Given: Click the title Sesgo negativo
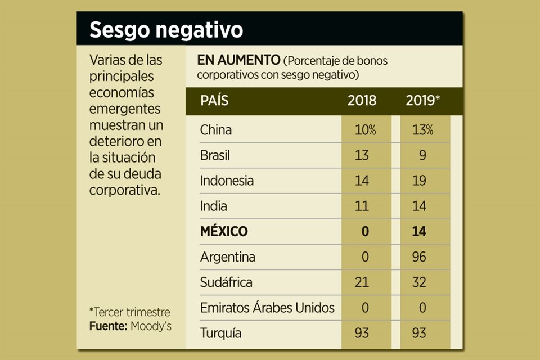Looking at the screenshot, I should pyautogui.click(x=166, y=30).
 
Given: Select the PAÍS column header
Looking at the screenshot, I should pyautogui.click(x=214, y=101).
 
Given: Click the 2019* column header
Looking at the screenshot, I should pyautogui.click(x=422, y=101).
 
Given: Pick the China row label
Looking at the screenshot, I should pyautogui.click(x=216, y=130).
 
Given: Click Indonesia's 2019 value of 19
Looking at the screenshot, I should pyautogui.click(x=419, y=181).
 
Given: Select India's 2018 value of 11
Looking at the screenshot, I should pyautogui.click(x=362, y=206).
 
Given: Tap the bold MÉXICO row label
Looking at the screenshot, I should pyautogui.click(x=224, y=231).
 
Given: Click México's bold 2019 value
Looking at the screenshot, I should pyautogui.click(x=419, y=231).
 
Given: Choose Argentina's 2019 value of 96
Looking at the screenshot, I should pyautogui.click(x=419, y=256).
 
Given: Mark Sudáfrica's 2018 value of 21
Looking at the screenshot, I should pyautogui.click(x=362, y=282).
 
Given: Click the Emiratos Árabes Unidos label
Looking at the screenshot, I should pyautogui.click(x=267, y=308).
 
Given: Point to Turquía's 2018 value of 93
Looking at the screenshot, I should pyautogui.click(x=362, y=333).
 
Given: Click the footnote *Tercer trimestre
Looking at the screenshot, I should pyautogui.click(x=129, y=312).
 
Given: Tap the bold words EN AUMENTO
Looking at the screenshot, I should pyautogui.click(x=239, y=60).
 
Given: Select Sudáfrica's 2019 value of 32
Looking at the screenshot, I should pyautogui.click(x=419, y=282).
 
